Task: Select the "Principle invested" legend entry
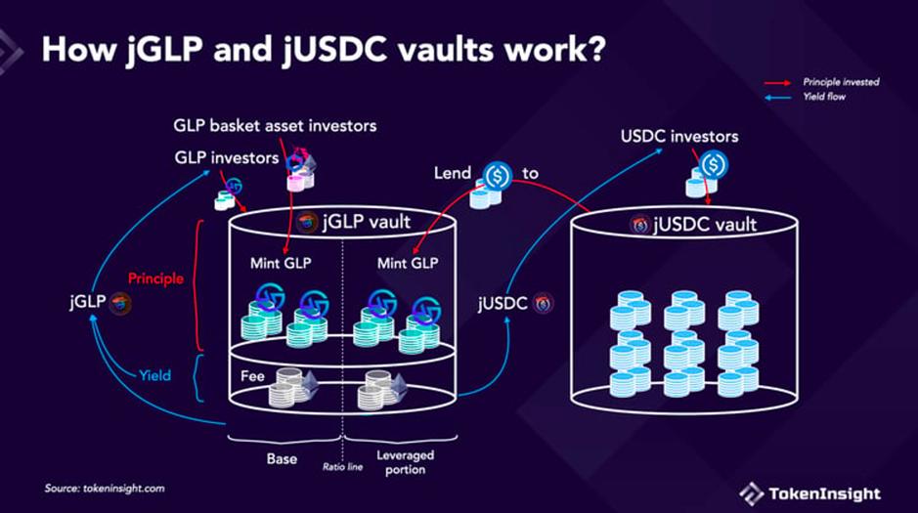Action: point(842,82)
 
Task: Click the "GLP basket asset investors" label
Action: point(275,126)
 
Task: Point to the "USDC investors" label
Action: point(679,136)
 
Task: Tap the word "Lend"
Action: point(454,174)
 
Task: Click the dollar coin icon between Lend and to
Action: point(499,175)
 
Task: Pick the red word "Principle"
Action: point(155,278)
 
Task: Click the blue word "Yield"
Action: point(153,374)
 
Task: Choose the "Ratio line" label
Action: point(342,467)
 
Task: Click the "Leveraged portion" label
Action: point(405,462)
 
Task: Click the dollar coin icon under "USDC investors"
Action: point(714,164)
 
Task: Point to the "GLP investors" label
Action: point(226,156)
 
